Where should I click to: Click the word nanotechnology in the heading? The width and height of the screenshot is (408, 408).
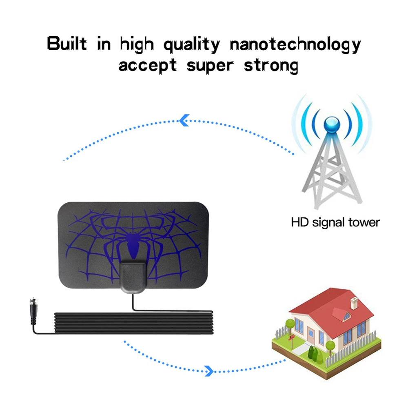tap(295, 44)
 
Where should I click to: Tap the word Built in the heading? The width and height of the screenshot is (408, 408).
tap(67, 43)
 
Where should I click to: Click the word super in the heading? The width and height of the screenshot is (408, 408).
tap(211, 65)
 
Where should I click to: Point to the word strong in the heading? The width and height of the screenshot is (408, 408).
tap(271, 65)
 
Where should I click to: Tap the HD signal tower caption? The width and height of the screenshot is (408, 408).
tap(335, 223)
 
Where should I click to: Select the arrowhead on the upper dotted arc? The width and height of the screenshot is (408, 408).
tap(184, 120)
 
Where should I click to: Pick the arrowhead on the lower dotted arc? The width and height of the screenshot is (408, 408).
tap(209, 370)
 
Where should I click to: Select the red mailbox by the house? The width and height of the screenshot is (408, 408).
tap(291, 337)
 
